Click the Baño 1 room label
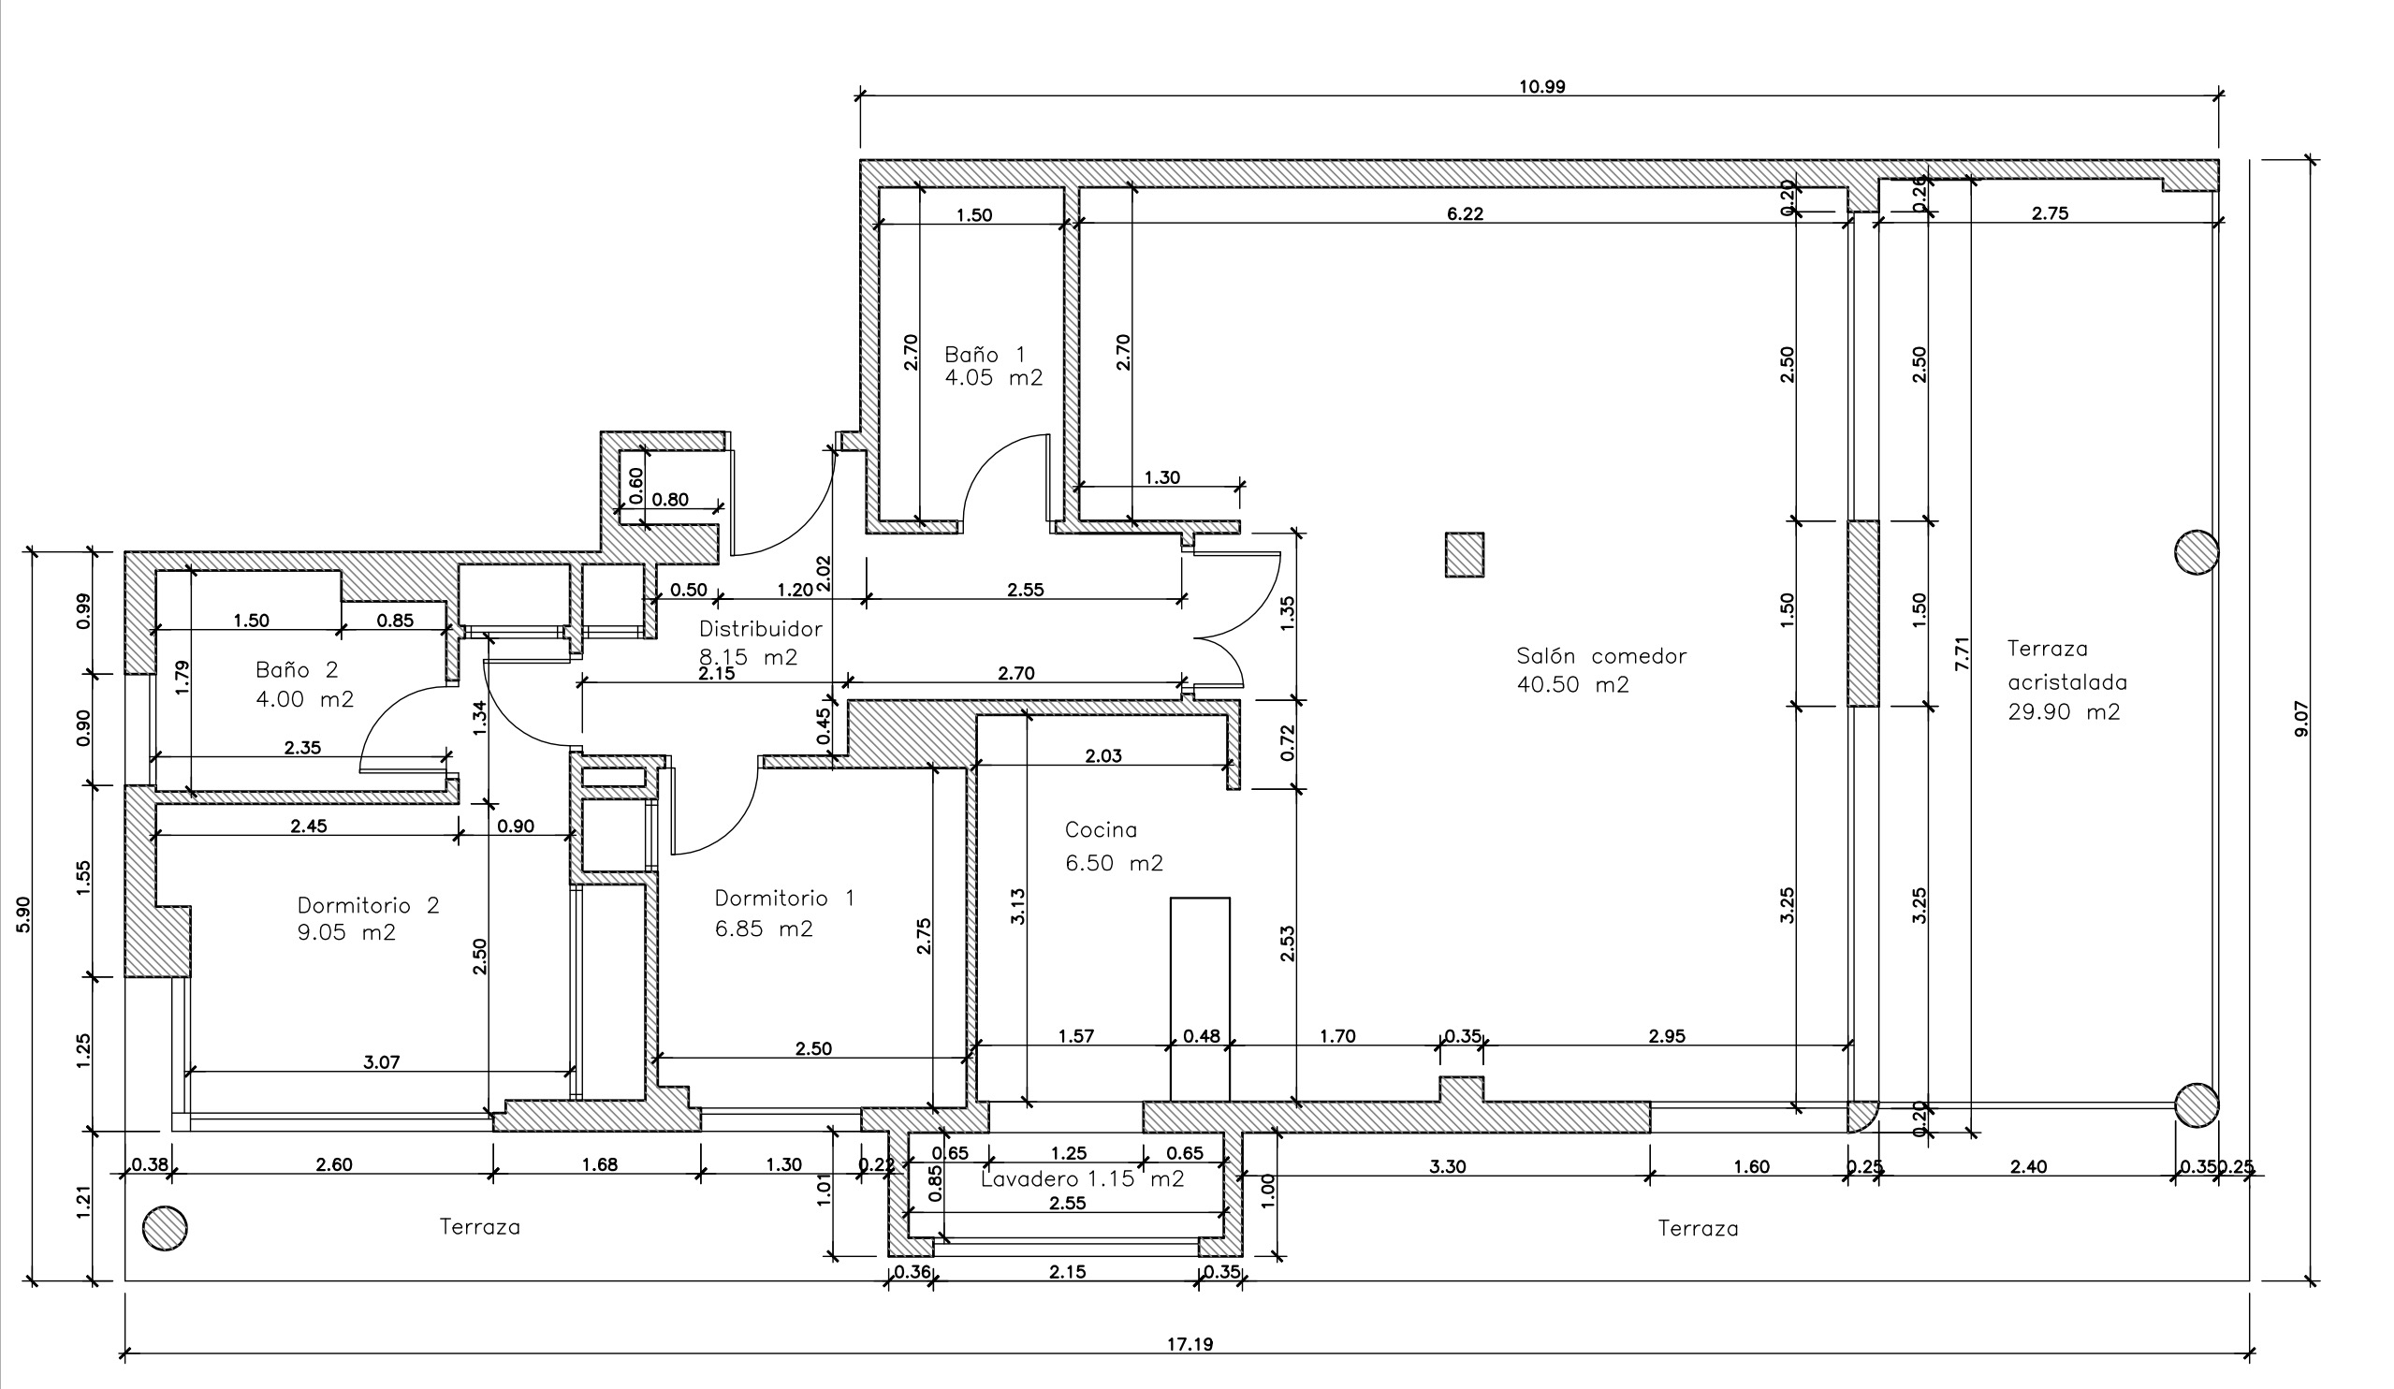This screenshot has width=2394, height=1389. [985, 356]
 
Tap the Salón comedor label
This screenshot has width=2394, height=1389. [1600, 655]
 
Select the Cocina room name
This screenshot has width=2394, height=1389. [1100, 829]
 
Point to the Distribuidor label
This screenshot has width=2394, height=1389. [760, 628]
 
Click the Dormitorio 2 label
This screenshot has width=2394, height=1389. [368, 904]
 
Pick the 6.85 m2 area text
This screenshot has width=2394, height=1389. [764, 928]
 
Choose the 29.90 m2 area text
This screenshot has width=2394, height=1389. [2063, 711]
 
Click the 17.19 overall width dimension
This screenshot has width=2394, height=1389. [1190, 1344]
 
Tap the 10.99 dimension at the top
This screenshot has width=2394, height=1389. [1540, 86]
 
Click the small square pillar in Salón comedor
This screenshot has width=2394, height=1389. [1464, 555]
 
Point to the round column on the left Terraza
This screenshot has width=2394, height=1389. [165, 1228]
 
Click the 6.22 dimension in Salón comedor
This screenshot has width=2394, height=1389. [1464, 213]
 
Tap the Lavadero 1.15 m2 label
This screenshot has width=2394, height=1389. [1082, 1179]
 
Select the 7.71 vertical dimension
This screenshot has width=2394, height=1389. [1963, 652]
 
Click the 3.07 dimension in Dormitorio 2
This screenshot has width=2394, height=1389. [381, 1062]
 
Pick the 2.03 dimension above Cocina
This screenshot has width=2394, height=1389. [1103, 755]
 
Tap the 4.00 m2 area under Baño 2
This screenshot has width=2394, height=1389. [304, 699]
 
